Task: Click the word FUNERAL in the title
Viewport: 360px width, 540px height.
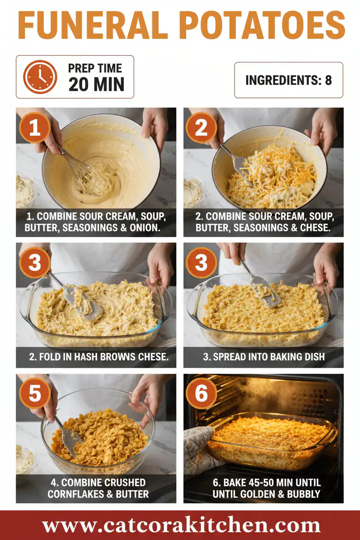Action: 93,25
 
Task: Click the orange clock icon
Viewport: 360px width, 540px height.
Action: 40,77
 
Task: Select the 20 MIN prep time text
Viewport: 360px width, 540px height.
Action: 96,84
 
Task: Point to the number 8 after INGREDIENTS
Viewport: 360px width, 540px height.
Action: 328,80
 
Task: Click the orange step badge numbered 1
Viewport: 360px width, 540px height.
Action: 35,128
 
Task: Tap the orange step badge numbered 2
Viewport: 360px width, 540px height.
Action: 201,128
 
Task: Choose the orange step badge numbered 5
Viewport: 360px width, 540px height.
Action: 35,393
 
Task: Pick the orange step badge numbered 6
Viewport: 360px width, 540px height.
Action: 201,393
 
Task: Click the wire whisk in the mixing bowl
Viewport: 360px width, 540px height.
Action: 87,173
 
